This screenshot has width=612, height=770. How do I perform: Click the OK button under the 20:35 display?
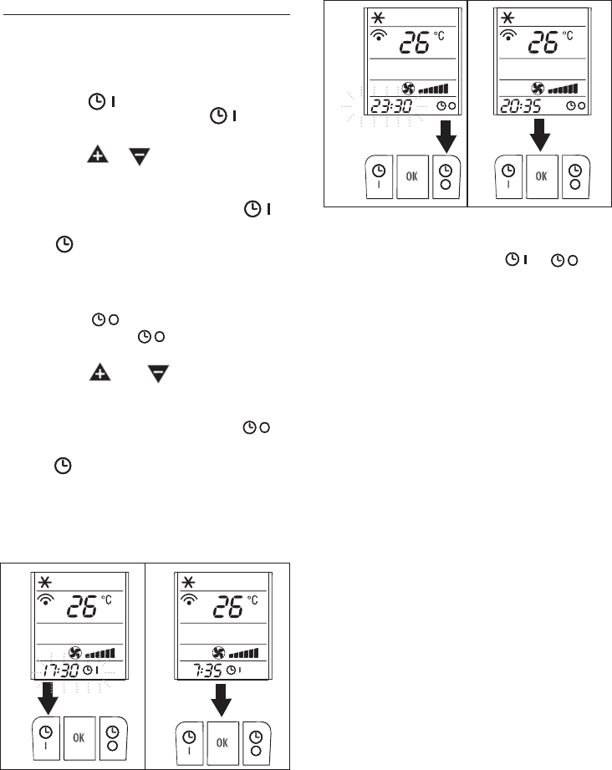coord(542,176)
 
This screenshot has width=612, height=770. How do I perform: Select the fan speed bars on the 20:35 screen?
coord(563,88)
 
